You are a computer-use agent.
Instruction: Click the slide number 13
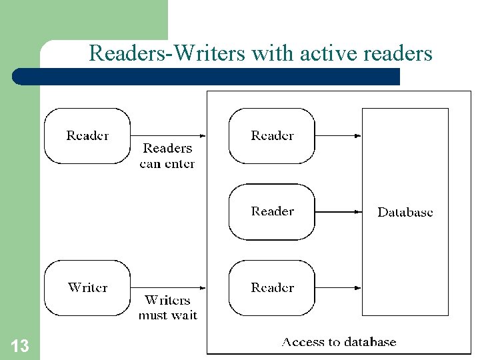click(x=20, y=346)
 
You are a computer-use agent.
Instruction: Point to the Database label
click(x=405, y=212)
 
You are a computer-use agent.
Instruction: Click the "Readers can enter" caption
click(x=167, y=156)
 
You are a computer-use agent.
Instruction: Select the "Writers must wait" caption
click(x=167, y=307)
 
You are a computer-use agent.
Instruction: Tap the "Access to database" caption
click(x=339, y=342)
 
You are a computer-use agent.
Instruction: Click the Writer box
click(x=87, y=287)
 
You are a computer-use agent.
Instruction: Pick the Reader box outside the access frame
click(x=87, y=135)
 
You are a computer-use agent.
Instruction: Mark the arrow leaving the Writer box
click(x=168, y=288)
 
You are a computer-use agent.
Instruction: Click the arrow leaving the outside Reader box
click(x=168, y=136)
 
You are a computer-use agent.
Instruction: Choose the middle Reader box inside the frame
click(x=272, y=211)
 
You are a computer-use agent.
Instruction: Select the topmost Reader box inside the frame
click(x=272, y=135)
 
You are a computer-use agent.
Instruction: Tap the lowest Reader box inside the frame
click(x=272, y=287)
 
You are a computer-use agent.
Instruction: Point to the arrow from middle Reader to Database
click(x=338, y=212)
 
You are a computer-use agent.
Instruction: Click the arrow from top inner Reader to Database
click(x=338, y=136)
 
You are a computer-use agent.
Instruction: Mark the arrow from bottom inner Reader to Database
click(x=338, y=288)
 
